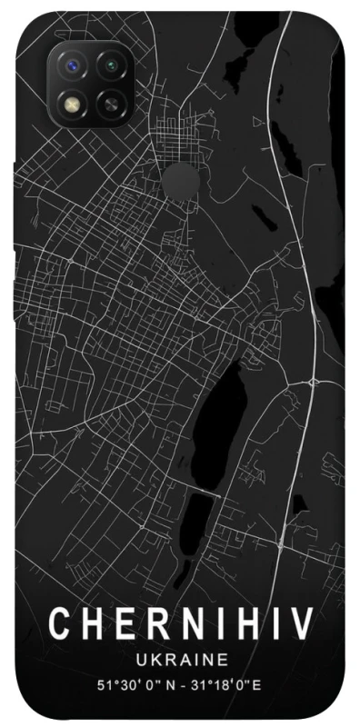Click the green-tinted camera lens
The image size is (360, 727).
111,66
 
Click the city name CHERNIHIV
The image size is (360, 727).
180,624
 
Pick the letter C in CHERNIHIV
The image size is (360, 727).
59,624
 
